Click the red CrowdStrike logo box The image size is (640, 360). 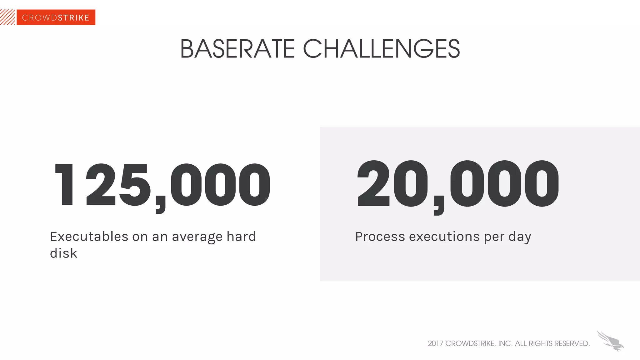pyautogui.click(x=56, y=17)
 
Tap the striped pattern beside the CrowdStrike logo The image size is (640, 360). pyautogui.click(x=7, y=17)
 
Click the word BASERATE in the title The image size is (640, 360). pyautogui.click(x=237, y=49)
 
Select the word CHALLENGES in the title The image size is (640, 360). pyautogui.click(x=381, y=49)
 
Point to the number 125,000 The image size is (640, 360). pyautogui.click(x=162, y=185)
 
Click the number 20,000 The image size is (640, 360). pyautogui.click(x=458, y=184)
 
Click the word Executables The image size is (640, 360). pyautogui.click(x=89, y=237)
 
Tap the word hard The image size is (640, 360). pyautogui.click(x=241, y=237)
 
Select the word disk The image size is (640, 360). pyautogui.click(x=63, y=253)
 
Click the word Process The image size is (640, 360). pyautogui.click(x=380, y=237)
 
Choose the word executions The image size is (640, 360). pyautogui.click(x=444, y=237)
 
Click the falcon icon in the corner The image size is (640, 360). pyautogui.click(x=610, y=341)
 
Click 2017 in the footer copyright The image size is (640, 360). pyautogui.click(x=436, y=343)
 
